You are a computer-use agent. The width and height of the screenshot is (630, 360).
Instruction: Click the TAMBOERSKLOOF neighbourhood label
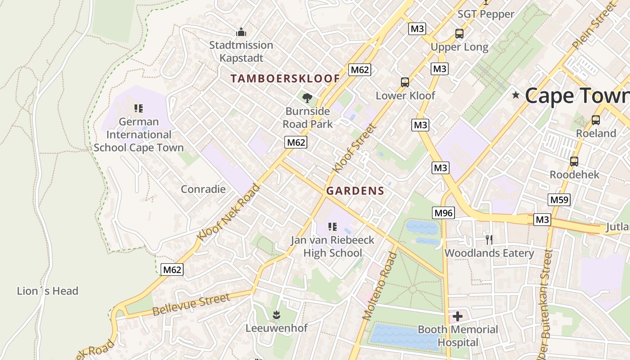(285, 78)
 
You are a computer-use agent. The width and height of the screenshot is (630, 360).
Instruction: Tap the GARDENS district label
(355, 191)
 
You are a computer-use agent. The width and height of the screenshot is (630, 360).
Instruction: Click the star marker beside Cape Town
(516, 95)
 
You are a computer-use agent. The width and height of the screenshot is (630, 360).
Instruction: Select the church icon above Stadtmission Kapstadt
(241, 32)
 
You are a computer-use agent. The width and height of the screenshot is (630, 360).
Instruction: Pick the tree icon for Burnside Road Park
(307, 98)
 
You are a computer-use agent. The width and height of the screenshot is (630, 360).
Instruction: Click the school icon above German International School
(139, 108)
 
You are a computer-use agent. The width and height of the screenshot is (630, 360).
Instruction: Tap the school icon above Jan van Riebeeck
(333, 227)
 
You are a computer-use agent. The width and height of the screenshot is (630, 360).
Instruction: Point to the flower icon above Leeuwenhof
(276, 314)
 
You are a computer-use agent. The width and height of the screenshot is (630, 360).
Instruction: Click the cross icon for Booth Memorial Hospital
(458, 316)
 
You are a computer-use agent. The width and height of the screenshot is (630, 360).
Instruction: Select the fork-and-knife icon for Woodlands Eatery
(489, 239)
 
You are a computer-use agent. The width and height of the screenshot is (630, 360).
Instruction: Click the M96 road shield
(443, 213)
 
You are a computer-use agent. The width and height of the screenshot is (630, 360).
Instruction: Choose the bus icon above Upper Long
(459, 34)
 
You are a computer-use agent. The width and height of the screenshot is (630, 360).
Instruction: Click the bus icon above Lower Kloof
(405, 82)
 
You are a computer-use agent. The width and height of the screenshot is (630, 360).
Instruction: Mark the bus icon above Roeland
(596, 120)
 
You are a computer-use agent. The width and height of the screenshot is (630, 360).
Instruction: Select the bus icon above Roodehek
(574, 161)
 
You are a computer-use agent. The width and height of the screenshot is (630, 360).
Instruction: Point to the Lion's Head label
(48, 291)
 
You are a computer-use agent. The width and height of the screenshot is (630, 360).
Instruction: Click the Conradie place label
(203, 189)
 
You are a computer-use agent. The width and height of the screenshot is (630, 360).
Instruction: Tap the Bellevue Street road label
(191, 305)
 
